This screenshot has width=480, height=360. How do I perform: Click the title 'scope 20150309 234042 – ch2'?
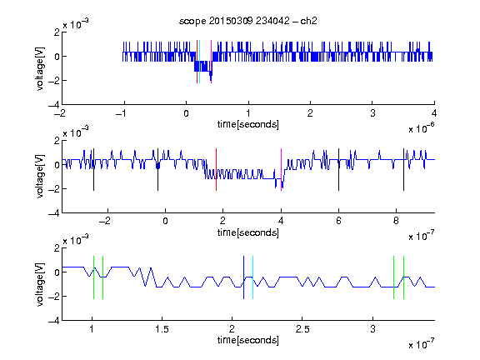coord(248,21)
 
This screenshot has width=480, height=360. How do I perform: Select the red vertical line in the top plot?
coord(197,62)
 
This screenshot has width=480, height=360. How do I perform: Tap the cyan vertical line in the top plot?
coord(200,62)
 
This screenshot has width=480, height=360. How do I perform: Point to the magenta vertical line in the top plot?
coord(211,62)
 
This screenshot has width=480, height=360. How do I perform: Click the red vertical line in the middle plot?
coord(216,170)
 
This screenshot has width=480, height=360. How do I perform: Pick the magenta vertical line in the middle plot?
coord(281,170)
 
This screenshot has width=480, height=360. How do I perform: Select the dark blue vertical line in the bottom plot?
coord(243,277)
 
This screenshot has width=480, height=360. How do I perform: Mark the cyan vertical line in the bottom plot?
coord(252,277)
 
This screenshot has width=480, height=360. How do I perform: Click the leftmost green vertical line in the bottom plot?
coord(93,277)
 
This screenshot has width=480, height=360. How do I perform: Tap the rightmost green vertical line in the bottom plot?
coord(404,277)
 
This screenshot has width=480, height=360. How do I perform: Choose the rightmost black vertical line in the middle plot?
coord(403,170)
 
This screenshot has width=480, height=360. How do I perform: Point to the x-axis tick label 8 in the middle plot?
coord(396,221)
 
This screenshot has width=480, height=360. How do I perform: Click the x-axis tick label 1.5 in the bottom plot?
coord(162,329)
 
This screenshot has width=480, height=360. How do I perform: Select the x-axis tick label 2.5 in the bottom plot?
coord(302,329)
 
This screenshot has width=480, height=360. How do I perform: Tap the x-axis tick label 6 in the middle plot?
coord(338,221)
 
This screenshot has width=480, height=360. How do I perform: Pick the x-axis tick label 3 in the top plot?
coord(372,113)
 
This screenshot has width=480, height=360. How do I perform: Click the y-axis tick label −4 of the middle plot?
coord(54,213)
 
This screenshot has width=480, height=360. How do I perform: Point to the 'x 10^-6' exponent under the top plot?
coord(421,128)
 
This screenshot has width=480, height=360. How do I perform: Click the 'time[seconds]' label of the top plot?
coord(248,125)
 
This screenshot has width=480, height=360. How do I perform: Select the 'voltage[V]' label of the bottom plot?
coord(40,285)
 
